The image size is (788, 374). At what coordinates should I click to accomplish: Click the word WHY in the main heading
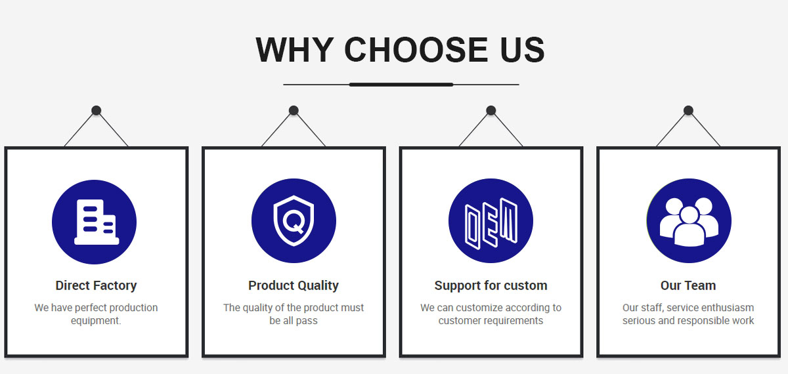(295, 50)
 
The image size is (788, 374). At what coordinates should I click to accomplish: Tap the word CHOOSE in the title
(416, 50)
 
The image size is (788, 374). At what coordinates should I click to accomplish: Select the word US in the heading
(523, 50)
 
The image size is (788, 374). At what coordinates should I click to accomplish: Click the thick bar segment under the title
(401, 85)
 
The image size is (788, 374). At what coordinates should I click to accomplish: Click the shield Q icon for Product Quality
(294, 220)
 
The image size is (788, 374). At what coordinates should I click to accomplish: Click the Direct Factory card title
(96, 286)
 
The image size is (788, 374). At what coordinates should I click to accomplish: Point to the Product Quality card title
(294, 286)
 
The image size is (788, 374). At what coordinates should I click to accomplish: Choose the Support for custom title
(491, 286)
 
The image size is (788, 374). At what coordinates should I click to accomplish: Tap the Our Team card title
(688, 285)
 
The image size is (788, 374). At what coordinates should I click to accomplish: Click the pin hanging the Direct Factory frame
(97, 110)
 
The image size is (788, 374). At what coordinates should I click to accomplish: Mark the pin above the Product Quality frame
(294, 110)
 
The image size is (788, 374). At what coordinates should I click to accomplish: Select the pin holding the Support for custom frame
(491, 110)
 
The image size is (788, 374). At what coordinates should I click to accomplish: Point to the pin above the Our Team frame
(688, 110)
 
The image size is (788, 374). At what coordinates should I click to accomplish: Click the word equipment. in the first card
(96, 321)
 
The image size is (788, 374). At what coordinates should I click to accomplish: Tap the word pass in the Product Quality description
(307, 322)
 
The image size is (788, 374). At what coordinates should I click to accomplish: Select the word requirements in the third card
(515, 321)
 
